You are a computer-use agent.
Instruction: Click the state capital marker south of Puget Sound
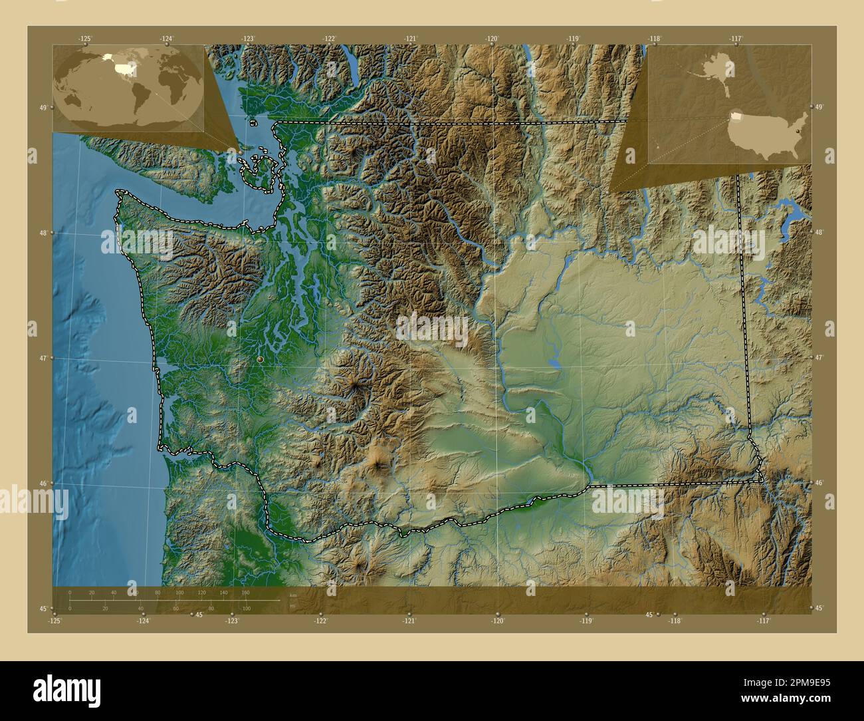click(x=260, y=359)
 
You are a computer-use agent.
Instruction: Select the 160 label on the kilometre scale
click(x=245, y=592)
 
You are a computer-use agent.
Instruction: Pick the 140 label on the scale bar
click(x=223, y=592)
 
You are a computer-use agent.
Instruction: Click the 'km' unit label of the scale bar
click(x=293, y=595)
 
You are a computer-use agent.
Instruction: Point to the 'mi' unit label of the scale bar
click(x=292, y=606)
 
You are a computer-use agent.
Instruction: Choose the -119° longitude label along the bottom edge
click(x=586, y=621)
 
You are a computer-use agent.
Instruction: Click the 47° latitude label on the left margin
click(x=43, y=359)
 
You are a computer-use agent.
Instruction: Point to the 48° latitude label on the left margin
click(x=43, y=233)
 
